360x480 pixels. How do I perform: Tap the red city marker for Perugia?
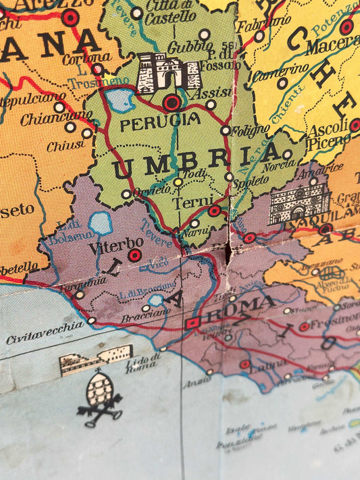point(172,103)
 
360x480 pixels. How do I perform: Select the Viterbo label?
point(115,244)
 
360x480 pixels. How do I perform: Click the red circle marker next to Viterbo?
point(134,255)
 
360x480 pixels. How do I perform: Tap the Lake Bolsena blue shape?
point(100,222)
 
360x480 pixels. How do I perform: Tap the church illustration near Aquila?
point(299,203)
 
